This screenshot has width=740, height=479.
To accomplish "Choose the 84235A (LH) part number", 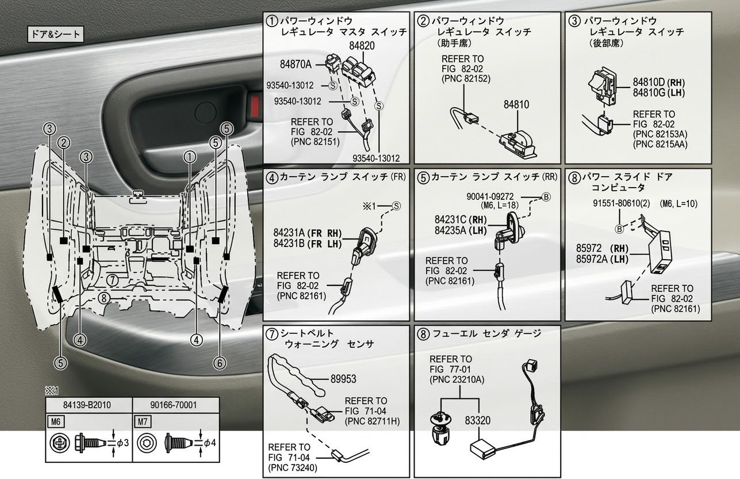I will [x=458, y=229].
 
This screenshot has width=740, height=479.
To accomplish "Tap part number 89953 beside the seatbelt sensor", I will [x=343, y=379].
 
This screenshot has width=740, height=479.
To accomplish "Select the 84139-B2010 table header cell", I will [x=89, y=405].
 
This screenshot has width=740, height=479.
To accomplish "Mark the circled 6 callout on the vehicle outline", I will [x=220, y=362].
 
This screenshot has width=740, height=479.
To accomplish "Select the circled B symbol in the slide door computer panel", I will [x=620, y=229].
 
